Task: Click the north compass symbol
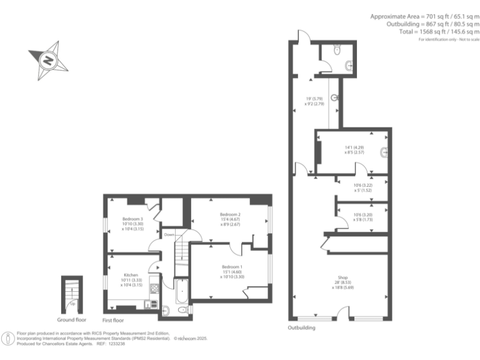[47, 60]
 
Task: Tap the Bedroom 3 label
[132, 219]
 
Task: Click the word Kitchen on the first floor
[131, 275]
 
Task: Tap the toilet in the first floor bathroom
[182, 309]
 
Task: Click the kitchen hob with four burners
[154, 289]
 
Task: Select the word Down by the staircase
[169, 234]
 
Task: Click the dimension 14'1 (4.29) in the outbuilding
[353, 147]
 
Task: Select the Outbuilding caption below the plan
[301, 327]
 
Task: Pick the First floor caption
[114, 320]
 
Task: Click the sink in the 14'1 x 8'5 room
[384, 151]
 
